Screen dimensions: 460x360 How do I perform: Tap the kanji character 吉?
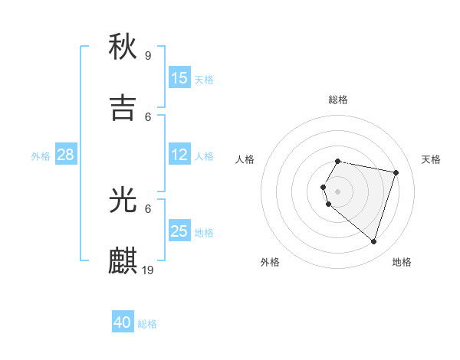[x=123, y=108]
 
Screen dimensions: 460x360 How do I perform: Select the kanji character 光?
[x=123, y=200]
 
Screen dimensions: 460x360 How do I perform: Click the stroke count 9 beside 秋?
[x=148, y=55]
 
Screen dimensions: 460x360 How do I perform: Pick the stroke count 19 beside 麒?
[x=149, y=270]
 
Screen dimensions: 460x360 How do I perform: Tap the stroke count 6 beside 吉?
[x=148, y=116]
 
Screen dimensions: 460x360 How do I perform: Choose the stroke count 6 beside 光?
[x=148, y=208]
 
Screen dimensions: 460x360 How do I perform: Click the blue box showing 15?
[x=179, y=78]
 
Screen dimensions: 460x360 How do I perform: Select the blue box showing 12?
[x=179, y=155]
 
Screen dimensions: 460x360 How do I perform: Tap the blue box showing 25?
[x=179, y=231]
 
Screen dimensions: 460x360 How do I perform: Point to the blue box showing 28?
[x=66, y=155]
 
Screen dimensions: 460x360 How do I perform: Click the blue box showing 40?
[x=123, y=322]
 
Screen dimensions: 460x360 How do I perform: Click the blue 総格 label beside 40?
[x=147, y=324]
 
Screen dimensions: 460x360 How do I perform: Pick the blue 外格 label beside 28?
[x=41, y=156]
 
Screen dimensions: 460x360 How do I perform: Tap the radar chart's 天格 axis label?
[x=431, y=159]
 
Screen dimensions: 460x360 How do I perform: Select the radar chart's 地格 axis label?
[x=402, y=262]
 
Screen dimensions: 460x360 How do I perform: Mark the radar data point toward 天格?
[x=396, y=173]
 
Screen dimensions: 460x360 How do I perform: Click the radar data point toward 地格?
[x=373, y=242]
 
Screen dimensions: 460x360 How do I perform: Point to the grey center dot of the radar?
[x=337, y=191]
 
